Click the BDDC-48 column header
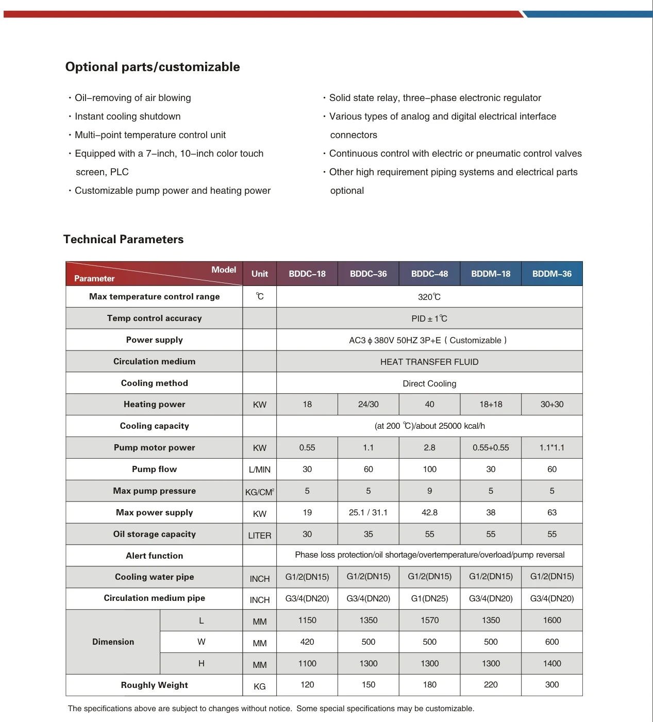[429, 274]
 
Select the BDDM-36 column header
[551, 274]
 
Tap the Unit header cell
[259, 274]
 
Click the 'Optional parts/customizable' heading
[153, 67]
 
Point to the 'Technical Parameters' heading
[123, 239]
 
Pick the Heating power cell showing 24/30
[368, 405]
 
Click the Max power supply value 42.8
[429, 513]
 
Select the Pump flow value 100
[429, 469]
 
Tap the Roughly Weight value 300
[551, 685]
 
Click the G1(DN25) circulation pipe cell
[429, 599]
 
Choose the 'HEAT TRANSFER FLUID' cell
[429, 362]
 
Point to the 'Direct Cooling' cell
[429, 383]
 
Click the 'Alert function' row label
[154, 556]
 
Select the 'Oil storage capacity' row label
[154, 534]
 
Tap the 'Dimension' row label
[113, 642]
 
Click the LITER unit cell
[259, 535]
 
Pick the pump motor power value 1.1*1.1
[551, 448]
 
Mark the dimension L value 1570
[429, 620]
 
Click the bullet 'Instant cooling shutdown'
[127, 116]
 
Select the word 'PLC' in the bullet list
[119, 172]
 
